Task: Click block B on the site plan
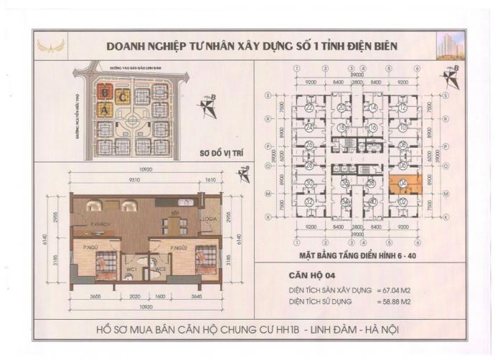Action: click(x=105, y=93)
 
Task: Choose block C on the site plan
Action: click(x=123, y=95)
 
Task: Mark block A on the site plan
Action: click(x=105, y=110)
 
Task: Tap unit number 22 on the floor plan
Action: click(x=308, y=108)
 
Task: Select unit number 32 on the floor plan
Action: click(x=308, y=202)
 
